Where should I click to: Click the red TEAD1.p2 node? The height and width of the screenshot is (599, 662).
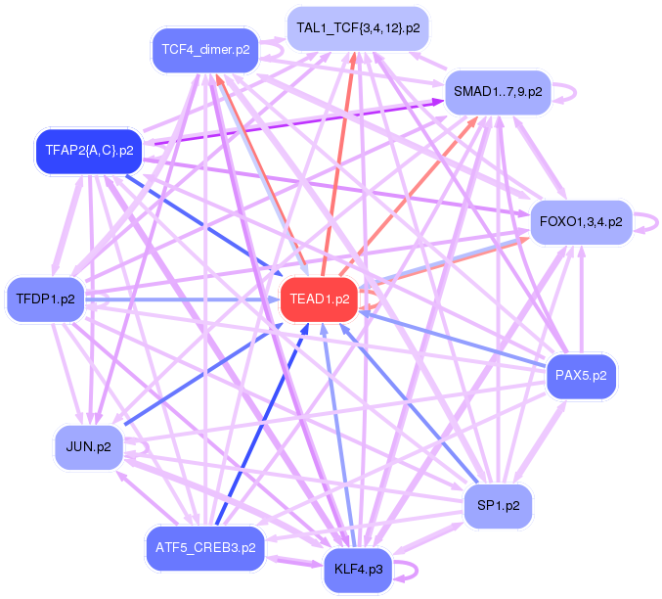click(x=319, y=299)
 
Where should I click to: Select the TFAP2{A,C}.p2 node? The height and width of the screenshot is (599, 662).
click(x=89, y=151)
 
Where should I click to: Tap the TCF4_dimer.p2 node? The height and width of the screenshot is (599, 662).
click(x=205, y=50)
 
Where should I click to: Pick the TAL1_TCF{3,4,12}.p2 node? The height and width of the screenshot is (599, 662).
click(x=358, y=28)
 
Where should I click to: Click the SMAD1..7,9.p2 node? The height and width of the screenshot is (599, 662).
click(x=498, y=92)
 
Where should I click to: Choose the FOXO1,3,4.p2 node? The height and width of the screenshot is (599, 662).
click(x=581, y=222)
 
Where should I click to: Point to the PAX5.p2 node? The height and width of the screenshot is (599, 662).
click(x=581, y=376)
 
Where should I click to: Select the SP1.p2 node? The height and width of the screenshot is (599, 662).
click(x=498, y=506)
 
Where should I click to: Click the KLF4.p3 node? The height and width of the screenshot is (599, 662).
click(x=358, y=570)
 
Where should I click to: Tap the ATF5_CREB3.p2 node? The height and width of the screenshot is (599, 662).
click(x=205, y=548)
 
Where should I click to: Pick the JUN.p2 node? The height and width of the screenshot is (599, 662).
click(x=89, y=447)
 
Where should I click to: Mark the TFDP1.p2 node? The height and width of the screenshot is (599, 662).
click(x=45, y=299)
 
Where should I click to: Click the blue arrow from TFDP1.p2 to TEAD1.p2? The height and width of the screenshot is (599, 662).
click(x=183, y=299)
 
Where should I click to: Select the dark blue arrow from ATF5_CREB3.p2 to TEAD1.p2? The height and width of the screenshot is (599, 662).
click(x=262, y=425)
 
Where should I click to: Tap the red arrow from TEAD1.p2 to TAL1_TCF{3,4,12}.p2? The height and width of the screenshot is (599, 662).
click(x=338, y=164)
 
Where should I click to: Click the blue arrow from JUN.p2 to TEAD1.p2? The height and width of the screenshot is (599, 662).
click(x=203, y=374)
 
